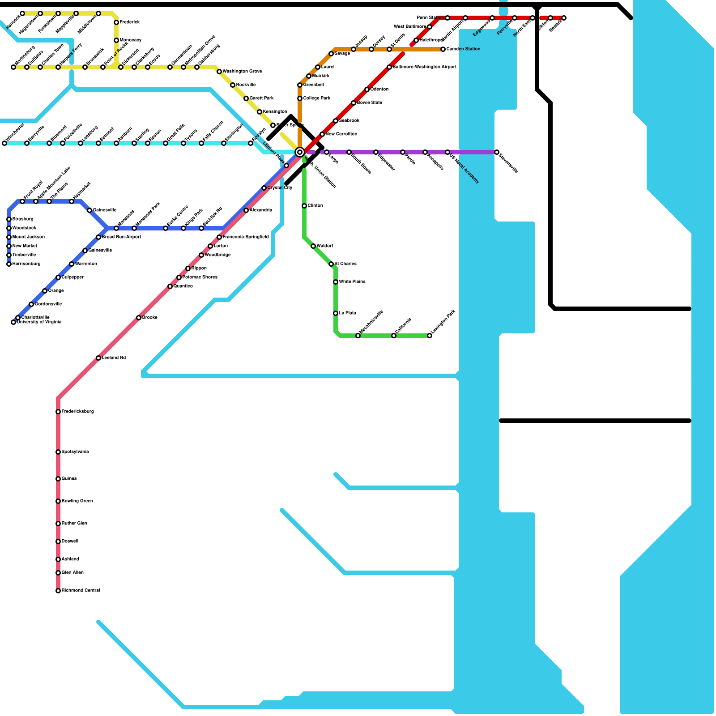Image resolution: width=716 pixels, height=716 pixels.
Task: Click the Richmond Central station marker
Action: [58, 591]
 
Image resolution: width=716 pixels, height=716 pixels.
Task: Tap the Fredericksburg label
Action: [77, 412]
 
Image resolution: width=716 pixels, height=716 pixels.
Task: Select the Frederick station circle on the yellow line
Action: [116, 22]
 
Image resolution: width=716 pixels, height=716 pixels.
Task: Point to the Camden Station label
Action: [463, 49]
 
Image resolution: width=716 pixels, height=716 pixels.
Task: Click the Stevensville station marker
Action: [497, 152]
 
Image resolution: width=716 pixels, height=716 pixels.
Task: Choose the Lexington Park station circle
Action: [430, 336]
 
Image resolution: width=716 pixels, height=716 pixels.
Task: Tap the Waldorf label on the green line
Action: [324, 246]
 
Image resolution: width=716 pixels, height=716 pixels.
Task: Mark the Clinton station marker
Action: [304, 206]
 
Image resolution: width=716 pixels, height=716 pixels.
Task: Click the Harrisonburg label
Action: [26, 264]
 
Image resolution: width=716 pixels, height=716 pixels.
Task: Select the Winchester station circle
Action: [4, 143]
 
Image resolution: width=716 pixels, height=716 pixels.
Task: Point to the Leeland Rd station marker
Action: [98, 358]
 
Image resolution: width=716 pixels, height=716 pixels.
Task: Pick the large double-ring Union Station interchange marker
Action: [300, 152]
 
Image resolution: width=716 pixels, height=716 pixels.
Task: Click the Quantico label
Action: [183, 286]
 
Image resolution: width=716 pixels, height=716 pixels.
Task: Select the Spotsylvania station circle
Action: [58, 452]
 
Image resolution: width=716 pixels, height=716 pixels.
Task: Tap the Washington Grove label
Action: [242, 72]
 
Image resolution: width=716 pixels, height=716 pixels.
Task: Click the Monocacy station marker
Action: [116, 40]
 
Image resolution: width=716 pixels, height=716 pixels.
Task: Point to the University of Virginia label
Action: [39, 322]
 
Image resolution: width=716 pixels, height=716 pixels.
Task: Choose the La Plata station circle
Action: [336, 313]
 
